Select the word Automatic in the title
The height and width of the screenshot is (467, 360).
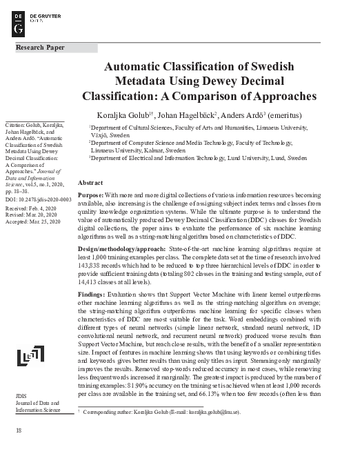pyautogui.click(x=134, y=67)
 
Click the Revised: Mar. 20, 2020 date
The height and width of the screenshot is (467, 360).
pyautogui.click(x=35, y=214)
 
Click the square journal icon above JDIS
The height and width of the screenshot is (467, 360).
pyautogui.click(x=26, y=355)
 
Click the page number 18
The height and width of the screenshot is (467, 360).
pyautogui.click(x=19, y=430)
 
